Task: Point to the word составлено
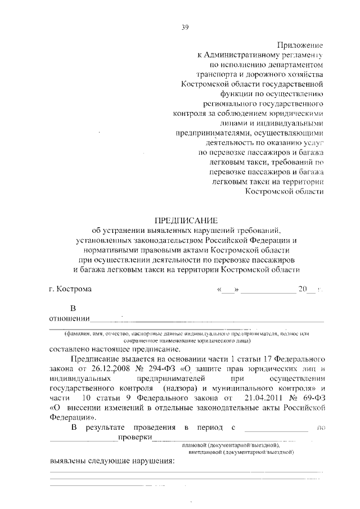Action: point(73,348)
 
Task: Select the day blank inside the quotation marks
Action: point(228,290)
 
